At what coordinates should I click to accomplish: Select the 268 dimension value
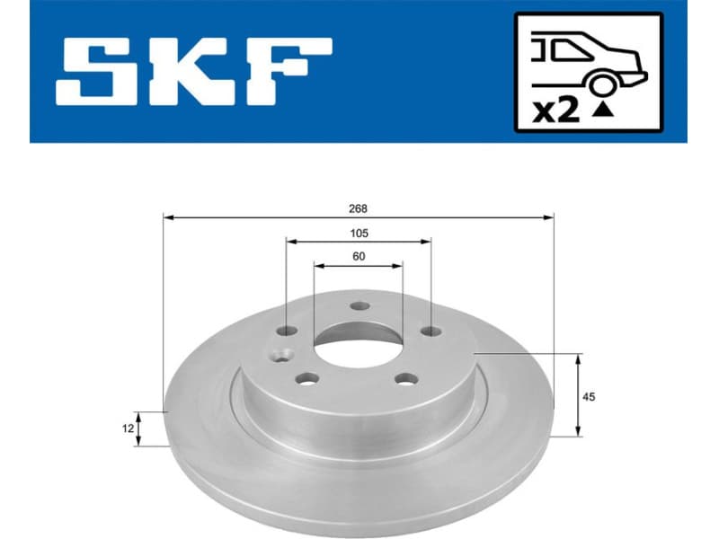359,208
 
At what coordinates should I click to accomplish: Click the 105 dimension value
359,233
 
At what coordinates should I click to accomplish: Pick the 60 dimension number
359,257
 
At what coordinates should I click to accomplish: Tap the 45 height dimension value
590,396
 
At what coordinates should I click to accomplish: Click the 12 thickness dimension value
128,429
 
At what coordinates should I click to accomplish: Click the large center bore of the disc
358,340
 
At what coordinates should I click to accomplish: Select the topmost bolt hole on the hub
359,306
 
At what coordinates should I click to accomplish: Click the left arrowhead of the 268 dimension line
168,217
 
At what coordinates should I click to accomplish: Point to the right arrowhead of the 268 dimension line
549,217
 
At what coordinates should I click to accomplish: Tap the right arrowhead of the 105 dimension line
427,241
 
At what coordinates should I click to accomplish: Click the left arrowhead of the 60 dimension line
317,265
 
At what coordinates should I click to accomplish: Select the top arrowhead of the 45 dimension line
577,358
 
